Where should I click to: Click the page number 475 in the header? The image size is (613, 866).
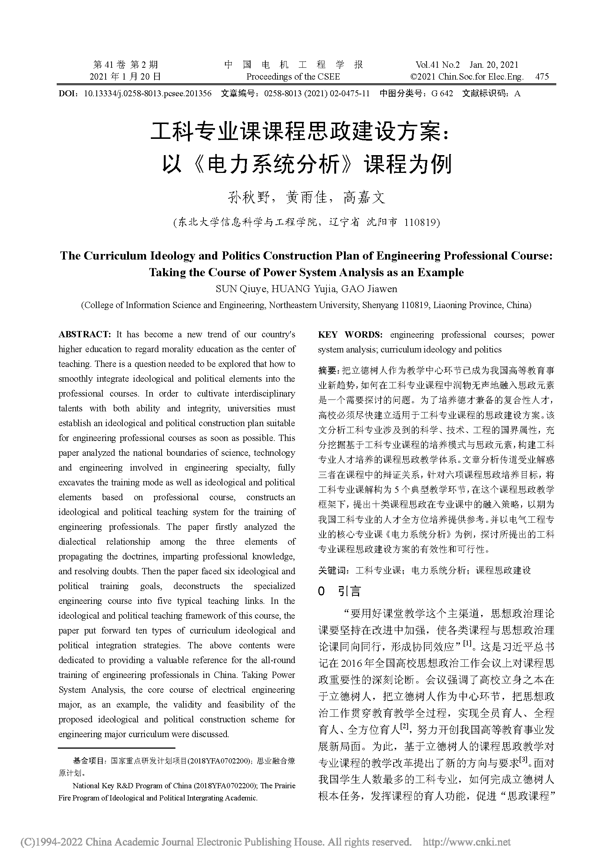[x=542, y=77]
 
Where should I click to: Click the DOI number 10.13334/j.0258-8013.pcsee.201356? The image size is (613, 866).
[x=148, y=94]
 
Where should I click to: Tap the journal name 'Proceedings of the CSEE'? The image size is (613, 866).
[x=293, y=77]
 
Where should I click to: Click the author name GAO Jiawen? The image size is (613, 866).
[x=369, y=289]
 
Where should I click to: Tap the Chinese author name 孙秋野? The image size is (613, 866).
[x=249, y=197]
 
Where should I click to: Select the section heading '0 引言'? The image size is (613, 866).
[x=339, y=591]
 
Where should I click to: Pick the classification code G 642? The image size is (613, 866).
[x=442, y=94]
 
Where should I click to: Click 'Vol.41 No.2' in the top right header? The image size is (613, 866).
[x=437, y=65]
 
